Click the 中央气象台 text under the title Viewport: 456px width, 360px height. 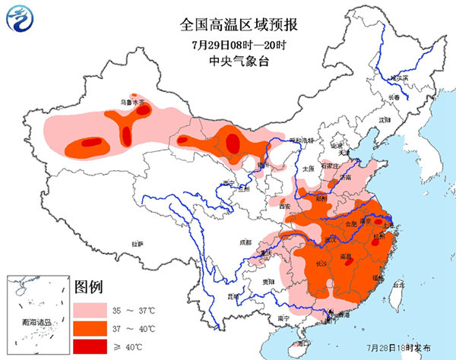(x=228, y=62)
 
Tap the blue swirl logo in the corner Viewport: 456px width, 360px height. (x=21, y=21)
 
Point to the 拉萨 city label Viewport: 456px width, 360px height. (x=137, y=244)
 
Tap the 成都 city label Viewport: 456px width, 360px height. (x=245, y=242)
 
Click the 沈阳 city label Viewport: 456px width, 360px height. (x=384, y=120)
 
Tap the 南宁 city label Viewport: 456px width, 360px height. (x=283, y=317)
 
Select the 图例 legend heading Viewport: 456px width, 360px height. (x=89, y=289)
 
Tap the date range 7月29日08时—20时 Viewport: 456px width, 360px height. (x=228, y=44)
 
